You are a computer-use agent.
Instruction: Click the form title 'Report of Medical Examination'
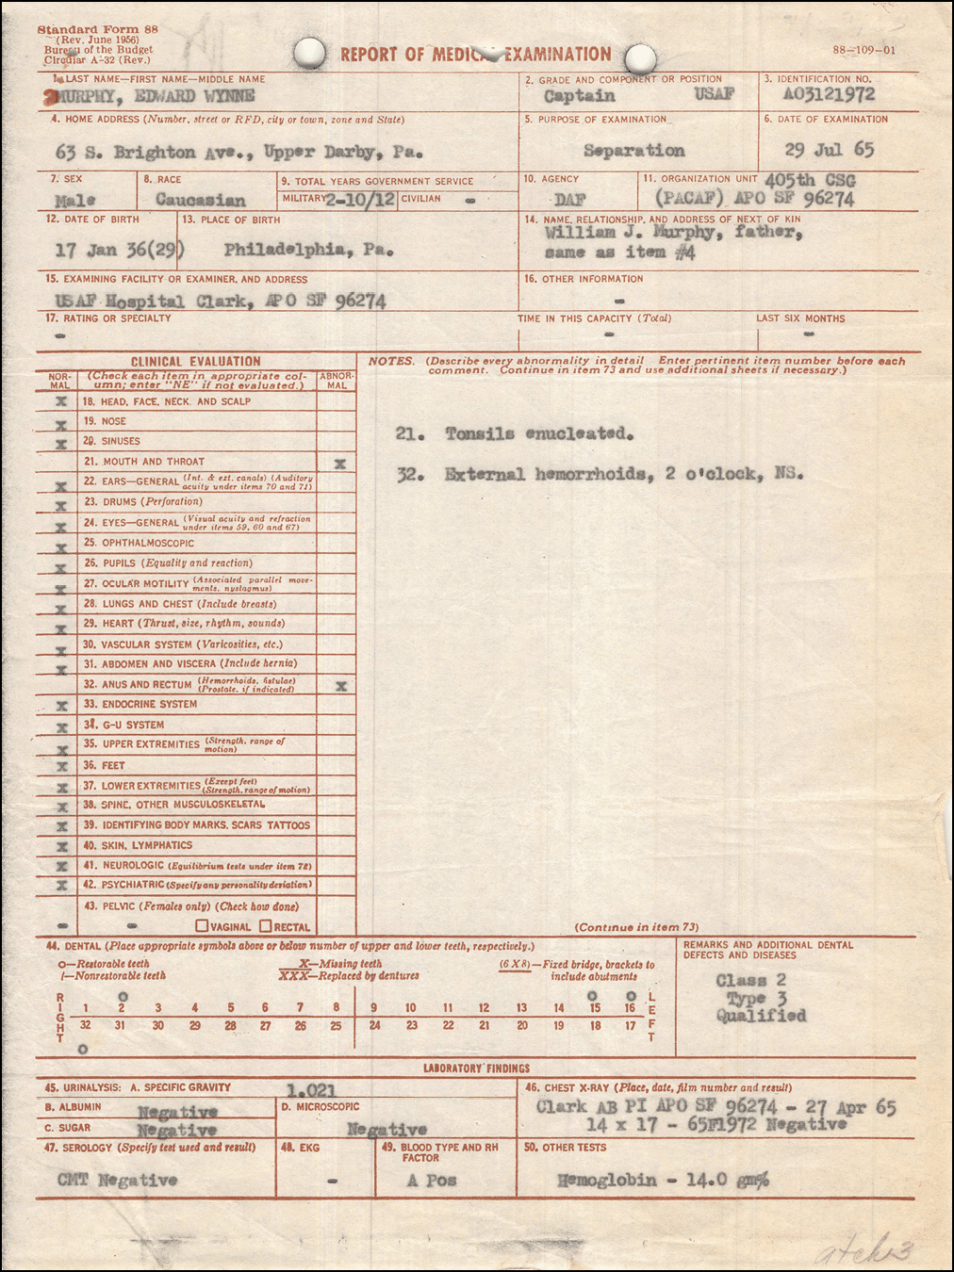click(476, 55)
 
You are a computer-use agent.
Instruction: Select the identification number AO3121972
click(829, 94)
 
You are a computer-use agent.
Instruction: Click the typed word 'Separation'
click(633, 151)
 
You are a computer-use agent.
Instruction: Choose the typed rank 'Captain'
click(579, 96)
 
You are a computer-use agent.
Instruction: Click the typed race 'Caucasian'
click(200, 200)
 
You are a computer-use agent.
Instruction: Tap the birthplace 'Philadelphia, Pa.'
click(308, 250)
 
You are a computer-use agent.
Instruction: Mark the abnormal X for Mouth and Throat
click(339, 464)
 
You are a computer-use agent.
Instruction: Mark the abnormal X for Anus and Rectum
click(340, 686)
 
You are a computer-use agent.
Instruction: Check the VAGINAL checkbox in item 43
click(202, 926)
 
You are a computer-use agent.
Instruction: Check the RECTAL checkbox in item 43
click(266, 926)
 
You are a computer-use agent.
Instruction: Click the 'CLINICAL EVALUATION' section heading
click(196, 361)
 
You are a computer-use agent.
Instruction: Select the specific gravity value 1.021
click(310, 1090)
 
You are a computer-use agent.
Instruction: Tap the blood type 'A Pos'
click(432, 1181)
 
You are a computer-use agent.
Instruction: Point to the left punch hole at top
click(309, 54)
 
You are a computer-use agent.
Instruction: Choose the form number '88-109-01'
click(864, 51)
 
